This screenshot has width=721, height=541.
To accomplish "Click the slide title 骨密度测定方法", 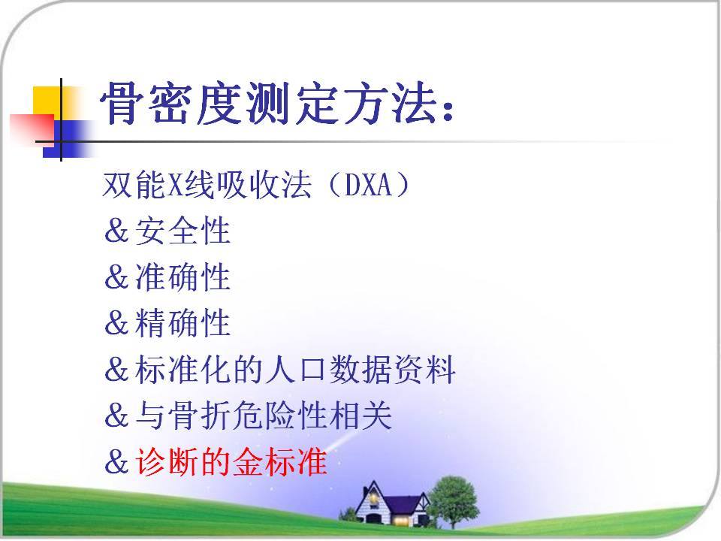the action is coord(268,103).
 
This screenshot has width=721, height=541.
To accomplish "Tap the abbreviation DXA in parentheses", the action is coord(368,185).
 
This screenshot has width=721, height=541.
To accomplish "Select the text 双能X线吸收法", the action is coord(207,185).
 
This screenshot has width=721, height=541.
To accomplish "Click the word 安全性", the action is coord(183,231).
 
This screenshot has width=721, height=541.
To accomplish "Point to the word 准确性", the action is coord(183,277).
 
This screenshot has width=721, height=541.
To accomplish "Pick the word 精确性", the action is coord(183,322).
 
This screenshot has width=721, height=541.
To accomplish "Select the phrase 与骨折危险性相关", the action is coord(264,415).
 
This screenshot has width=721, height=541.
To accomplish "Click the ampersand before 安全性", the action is coord(116,231).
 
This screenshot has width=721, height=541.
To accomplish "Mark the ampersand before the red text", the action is coord(116,461).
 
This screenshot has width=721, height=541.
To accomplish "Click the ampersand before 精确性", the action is coord(116,323).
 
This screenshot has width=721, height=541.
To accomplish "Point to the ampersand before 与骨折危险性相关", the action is coord(116,416).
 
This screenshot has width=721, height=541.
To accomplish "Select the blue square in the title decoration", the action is coord(67,139).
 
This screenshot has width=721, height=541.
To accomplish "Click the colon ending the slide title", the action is coord(448,110).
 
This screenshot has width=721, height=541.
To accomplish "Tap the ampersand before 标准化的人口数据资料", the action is coord(116,369).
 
